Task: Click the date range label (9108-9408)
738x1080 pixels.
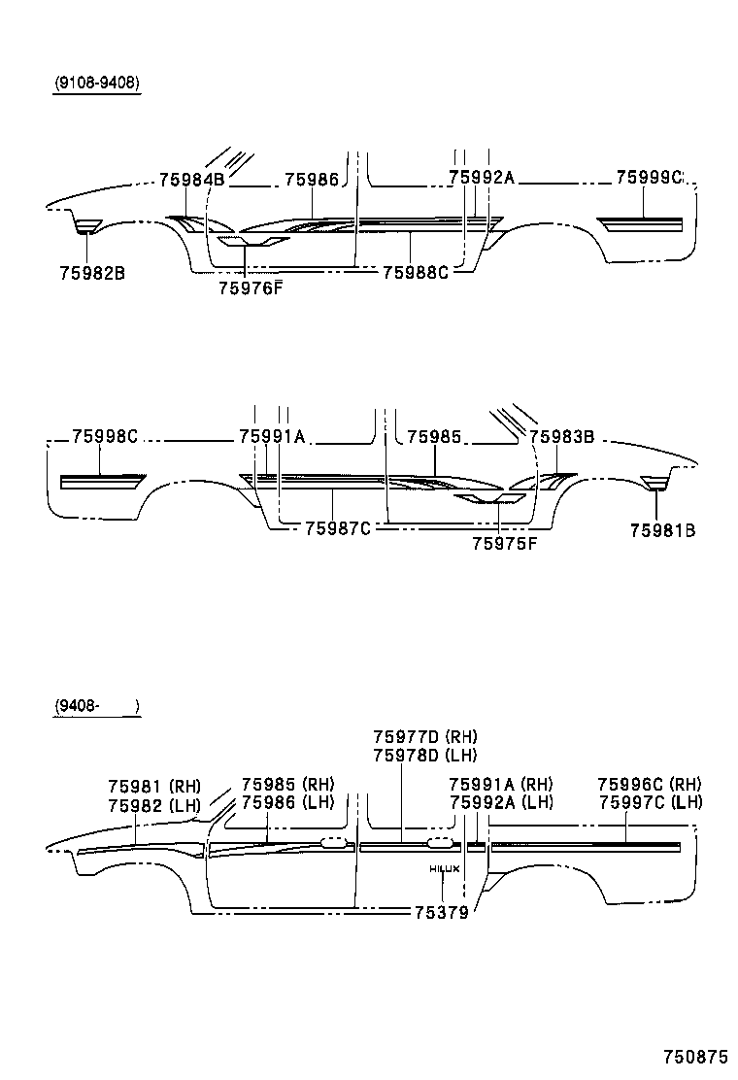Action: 96,84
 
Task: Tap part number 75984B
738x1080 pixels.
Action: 191,179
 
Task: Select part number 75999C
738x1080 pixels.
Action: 650,178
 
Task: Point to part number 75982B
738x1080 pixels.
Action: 91,273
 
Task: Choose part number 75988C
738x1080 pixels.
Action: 416,273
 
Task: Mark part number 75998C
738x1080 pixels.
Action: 105,437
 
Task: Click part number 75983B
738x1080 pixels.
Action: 562,437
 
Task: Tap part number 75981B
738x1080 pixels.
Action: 661,530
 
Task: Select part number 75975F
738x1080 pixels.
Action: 504,544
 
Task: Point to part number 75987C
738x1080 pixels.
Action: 338,527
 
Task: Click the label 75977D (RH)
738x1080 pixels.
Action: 425,737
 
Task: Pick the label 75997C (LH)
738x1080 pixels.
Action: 651,801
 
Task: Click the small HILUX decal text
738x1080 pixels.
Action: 444,868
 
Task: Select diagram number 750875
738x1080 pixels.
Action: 695,1056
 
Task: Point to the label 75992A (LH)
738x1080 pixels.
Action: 501,802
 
